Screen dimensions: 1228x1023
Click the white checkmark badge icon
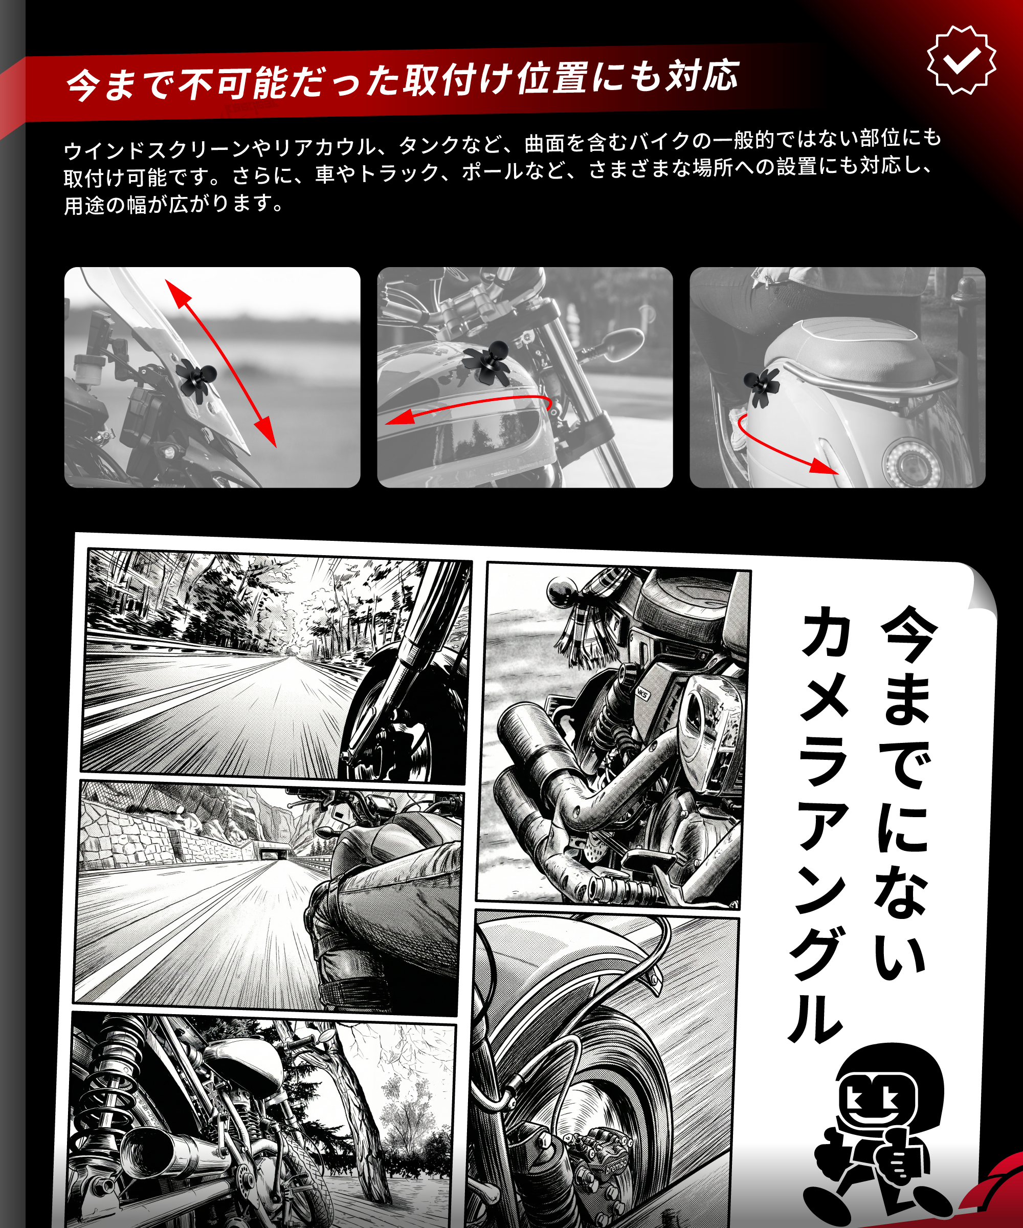(962, 60)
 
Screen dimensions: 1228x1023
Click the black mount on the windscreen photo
(196, 377)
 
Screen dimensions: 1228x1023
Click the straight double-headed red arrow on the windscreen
(220, 363)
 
